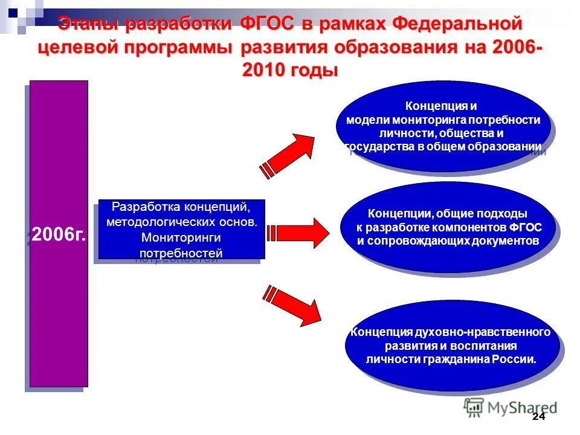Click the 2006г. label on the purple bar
click(x=59, y=234)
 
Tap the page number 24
click(x=538, y=417)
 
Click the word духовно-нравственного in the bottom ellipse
click(x=483, y=332)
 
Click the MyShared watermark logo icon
click(x=474, y=408)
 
